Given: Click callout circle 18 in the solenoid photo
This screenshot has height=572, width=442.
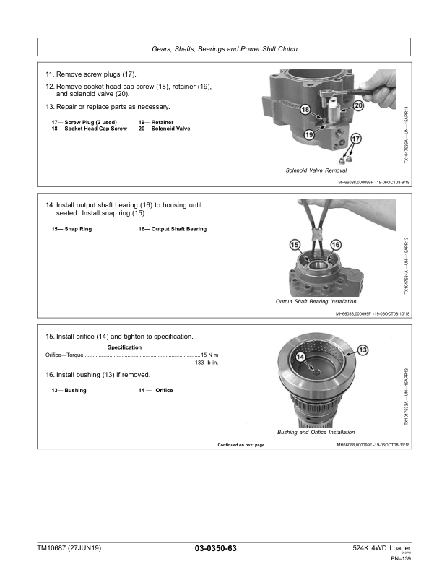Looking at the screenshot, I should [x=305, y=110].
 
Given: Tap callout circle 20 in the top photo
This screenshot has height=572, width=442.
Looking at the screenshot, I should [x=357, y=106].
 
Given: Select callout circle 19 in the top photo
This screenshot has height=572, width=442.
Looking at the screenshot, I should [x=309, y=134].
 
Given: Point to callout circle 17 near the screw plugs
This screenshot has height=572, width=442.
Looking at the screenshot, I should [x=355, y=139].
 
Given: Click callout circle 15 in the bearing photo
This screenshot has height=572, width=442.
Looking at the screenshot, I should [x=295, y=246].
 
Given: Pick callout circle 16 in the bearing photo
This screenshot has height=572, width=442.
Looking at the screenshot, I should [x=335, y=246].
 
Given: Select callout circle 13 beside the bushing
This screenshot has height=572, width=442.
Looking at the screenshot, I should [x=363, y=350].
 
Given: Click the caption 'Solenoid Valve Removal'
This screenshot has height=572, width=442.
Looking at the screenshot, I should [x=316, y=170].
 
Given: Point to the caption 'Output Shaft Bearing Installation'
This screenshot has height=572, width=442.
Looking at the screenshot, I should [x=316, y=301].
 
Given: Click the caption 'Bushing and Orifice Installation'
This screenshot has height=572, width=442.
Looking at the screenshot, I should [x=316, y=432].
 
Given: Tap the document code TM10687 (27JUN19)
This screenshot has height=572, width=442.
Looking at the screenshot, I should [x=69, y=549].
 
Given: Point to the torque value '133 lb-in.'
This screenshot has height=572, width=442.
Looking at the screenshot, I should [x=207, y=363].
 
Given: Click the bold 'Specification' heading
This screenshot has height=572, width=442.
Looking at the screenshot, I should [x=124, y=347].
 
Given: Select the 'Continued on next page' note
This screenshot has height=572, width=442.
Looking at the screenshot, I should [x=241, y=445].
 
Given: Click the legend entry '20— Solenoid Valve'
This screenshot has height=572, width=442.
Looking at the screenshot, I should [x=165, y=129].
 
